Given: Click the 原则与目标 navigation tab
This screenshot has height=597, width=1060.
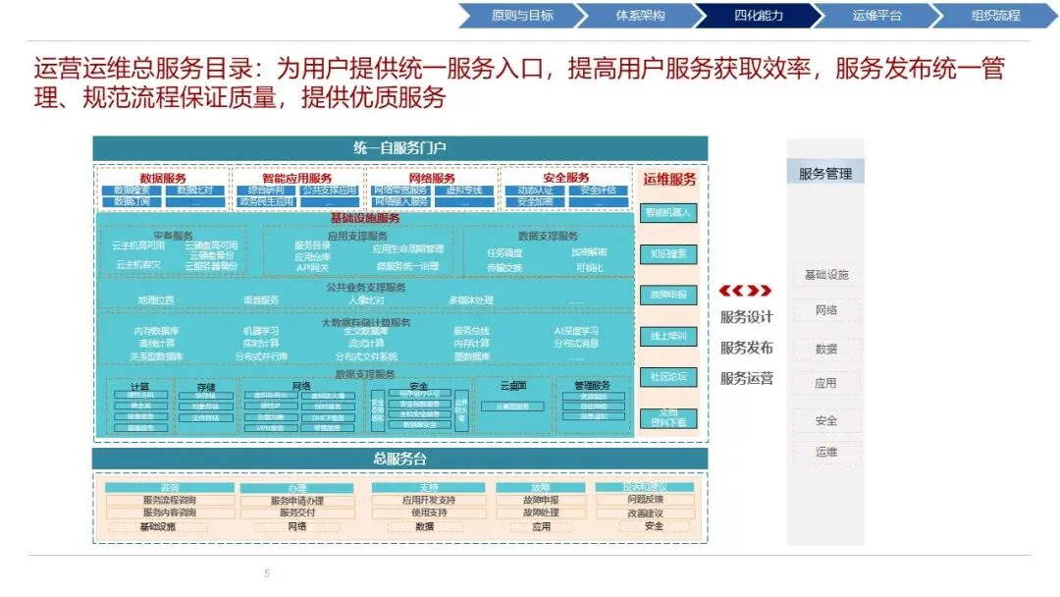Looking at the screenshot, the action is tap(521, 16).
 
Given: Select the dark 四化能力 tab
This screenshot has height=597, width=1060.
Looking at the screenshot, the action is tap(758, 16).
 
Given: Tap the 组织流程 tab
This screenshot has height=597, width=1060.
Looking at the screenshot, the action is tap(994, 16).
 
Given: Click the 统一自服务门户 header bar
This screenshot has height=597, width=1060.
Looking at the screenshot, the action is tap(399, 148).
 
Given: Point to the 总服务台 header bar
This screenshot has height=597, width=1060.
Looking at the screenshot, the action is tap(399, 459).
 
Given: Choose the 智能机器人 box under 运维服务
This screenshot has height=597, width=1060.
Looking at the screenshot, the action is tap(668, 212).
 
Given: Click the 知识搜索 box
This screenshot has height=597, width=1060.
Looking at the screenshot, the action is tap(668, 254).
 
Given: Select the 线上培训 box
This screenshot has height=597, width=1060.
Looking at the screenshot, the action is tap(668, 336).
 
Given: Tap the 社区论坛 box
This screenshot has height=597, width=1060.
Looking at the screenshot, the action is tap(668, 377).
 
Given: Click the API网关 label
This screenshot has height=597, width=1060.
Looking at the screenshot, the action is tap(312, 267).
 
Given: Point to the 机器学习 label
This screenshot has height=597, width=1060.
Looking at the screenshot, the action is tap(260, 331).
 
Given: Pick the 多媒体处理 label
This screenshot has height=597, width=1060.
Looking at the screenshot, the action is tap(471, 300).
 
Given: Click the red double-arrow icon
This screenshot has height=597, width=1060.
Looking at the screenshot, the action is tap(745, 291).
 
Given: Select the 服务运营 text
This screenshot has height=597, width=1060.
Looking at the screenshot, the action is tap(746, 378).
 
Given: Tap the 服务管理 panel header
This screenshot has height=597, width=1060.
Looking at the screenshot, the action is tap(824, 174).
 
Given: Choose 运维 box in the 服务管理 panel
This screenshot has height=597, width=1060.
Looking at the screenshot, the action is tap(825, 452).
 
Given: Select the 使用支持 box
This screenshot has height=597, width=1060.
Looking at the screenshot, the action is tap(429, 513).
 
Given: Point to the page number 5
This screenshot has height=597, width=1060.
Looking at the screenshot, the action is tap(266, 573).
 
